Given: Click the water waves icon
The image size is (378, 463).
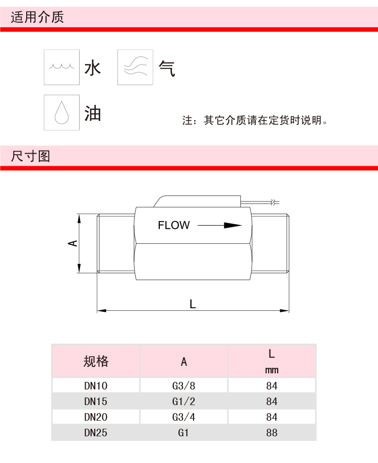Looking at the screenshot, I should click(x=61, y=67).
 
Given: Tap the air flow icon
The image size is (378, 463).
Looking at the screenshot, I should click(x=135, y=67).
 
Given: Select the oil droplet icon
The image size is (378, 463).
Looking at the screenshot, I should click(x=61, y=112).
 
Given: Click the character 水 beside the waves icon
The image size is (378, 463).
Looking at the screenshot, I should click(x=93, y=68).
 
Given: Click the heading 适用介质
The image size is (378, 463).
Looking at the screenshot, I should click(x=37, y=18).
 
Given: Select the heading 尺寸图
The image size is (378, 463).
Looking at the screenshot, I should click(x=31, y=156).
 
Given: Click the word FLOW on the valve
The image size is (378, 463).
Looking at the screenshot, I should click(x=174, y=225).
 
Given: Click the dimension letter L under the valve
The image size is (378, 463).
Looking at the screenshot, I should click(x=193, y=304).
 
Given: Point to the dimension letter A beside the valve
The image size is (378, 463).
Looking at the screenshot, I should click(x=74, y=243).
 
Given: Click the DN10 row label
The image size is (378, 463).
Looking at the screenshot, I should click(x=96, y=386).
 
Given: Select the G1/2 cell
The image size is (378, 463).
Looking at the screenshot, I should click(x=183, y=402).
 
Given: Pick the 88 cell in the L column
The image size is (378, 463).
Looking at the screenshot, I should click(x=272, y=432).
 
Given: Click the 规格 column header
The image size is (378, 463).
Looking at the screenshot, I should click(x=96, y=361).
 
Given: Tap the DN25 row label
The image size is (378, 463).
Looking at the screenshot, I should click(x=96, y=432).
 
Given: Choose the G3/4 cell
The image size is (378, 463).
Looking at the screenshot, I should click(x=183, y=417).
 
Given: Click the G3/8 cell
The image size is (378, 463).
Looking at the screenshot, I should click(x=183, y=386).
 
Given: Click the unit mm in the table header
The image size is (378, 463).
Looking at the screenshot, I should click(x=272, y=370).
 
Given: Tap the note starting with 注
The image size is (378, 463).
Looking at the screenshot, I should click(x=255, y=121).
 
